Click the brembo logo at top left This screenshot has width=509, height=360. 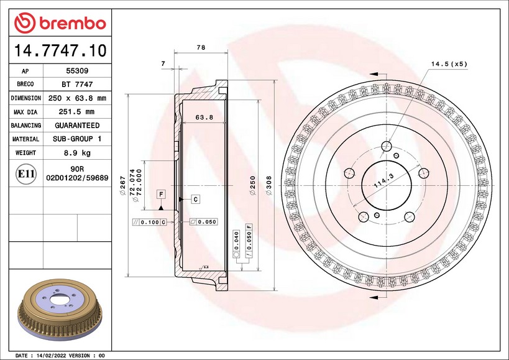coord(60,23)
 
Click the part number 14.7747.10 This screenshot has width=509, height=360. coord(60,50)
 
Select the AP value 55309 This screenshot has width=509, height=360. coord(77,71)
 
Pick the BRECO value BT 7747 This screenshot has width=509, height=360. coord(77,85)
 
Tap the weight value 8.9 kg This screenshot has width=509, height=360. coord(77,153)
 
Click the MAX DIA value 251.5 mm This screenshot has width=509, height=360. coord(76,112)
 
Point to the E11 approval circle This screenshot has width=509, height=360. coord(25,174)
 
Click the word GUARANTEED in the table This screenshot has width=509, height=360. coord(77,126)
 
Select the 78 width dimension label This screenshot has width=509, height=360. coord(201,47)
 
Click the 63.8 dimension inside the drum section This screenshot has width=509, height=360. coord(204,117)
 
